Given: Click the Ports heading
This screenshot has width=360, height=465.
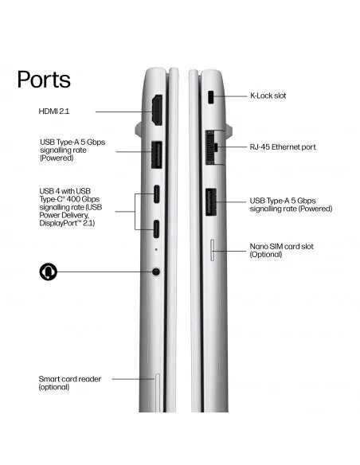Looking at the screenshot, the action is (44, 80).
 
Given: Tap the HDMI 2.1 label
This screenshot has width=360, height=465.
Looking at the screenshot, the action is (54, 111).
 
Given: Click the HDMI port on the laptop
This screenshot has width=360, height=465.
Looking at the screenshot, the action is (157, 110).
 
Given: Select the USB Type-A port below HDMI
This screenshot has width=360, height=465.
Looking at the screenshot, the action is (157, 155).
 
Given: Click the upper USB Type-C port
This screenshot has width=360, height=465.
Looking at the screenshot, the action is (156, 194).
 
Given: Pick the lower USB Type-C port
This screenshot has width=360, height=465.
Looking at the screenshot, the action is (156, 229).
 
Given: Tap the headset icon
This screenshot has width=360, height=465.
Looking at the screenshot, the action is (49, 272).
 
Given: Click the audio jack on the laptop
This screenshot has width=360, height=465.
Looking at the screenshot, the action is (156, 272).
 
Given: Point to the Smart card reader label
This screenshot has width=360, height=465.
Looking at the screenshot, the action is (69, 383).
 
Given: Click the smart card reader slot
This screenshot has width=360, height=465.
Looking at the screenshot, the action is (158, 393).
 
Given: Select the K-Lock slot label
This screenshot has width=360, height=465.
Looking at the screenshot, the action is (268, 96).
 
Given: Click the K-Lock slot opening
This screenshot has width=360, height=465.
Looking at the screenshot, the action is (211, 97).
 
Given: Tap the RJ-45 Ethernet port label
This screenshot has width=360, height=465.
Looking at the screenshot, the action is (283, 147).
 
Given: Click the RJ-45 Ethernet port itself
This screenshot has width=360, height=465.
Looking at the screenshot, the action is (211, 147).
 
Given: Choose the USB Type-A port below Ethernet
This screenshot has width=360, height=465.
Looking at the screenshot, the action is (211, 202).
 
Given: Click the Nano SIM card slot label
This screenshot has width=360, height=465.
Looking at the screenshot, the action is (281, 250).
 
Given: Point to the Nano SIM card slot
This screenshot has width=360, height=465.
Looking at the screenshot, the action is (213, 250).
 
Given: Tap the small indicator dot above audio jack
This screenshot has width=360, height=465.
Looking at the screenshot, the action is (156, 249).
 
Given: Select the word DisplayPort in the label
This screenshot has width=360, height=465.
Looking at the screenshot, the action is (58, 223).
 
